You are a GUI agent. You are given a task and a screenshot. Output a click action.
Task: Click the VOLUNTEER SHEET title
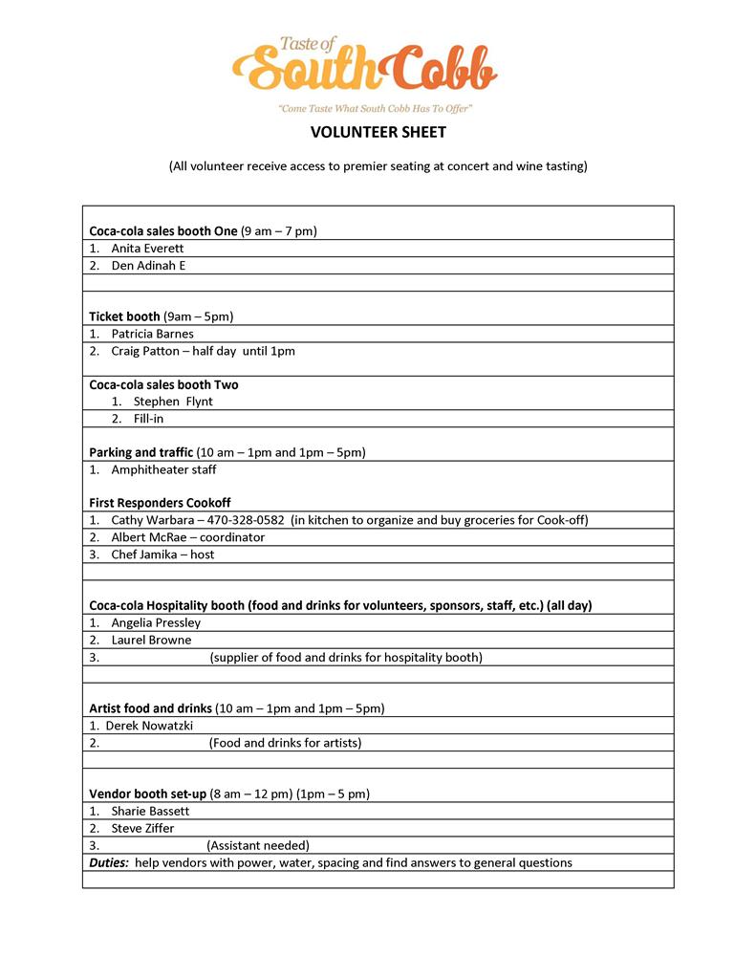[378, 133]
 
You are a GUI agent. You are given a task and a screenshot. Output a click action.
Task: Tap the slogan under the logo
[376, 109]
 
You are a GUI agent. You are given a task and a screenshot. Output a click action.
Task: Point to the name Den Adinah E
[148, 266]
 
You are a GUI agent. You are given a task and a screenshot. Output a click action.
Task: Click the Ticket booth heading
[124, 316]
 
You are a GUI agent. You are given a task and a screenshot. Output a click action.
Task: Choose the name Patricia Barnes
[152, 334]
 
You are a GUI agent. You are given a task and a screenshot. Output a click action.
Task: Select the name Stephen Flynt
[173, 402]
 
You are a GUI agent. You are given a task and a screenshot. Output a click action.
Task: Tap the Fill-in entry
[148, 419]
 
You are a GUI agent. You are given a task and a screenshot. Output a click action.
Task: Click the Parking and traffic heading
[140, 452]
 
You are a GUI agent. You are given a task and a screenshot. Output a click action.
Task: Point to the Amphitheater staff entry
[163, 469]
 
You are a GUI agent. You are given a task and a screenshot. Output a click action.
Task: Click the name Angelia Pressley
[156, 622]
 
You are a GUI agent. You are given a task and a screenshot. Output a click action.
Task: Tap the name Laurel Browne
[151, 640]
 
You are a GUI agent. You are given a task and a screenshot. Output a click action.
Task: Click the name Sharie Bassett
[150, 811]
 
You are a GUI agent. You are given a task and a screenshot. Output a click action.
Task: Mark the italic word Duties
[108, 862]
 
